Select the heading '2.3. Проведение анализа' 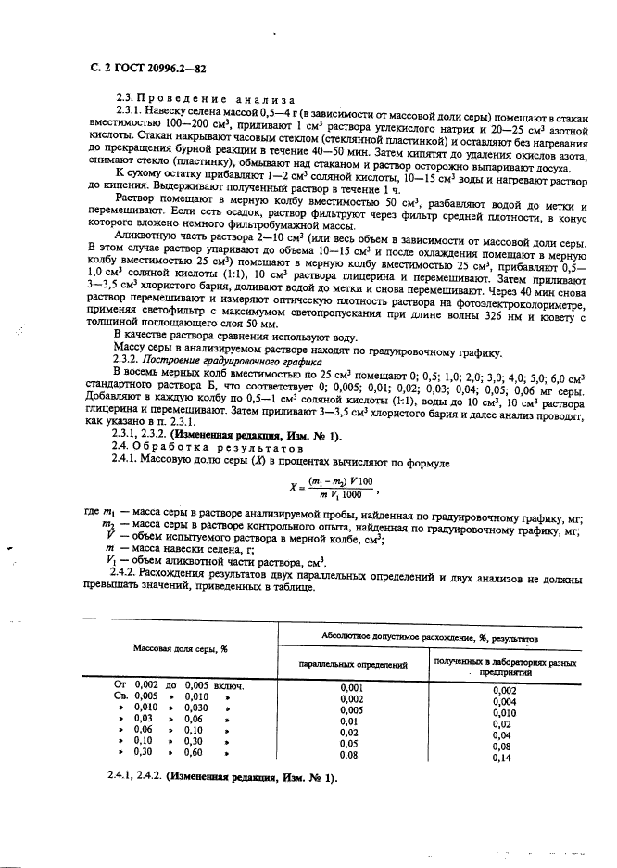pos(203,99)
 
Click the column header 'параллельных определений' pos(353,664)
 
